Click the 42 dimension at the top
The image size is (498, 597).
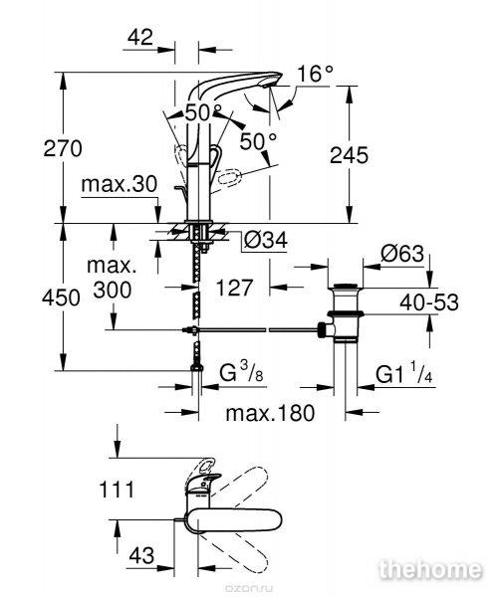click(x=140, y=38)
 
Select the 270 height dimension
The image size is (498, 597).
click(x=63, y=148)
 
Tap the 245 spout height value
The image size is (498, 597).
click(x=349, y=155)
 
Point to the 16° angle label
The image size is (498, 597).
click(x=315, y=74)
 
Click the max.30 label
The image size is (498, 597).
click(x=120, y=184)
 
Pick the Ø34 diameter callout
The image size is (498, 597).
click(x=266, y=240)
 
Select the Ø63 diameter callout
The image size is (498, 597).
click(x=402, y=253)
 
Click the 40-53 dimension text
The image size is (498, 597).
click(x=429, y=302)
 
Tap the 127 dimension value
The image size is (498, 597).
click(x=234, y=288)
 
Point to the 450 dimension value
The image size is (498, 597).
click(x=61, y=298)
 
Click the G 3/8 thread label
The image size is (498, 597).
click(x=241, y=372)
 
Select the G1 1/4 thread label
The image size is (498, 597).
click(x=404, y=373)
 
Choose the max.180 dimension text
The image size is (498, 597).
click(x=270, y=413)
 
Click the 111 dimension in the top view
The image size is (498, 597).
click(x=117, y=490)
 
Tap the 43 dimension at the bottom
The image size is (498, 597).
click(x=141, y=555)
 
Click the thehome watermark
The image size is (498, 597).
click(x=429, y=569)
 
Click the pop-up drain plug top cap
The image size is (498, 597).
click(x=346, y=286)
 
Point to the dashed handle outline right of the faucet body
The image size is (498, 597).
click(x=230, y=178)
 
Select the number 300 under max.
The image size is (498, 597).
click(x=113, y=291)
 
